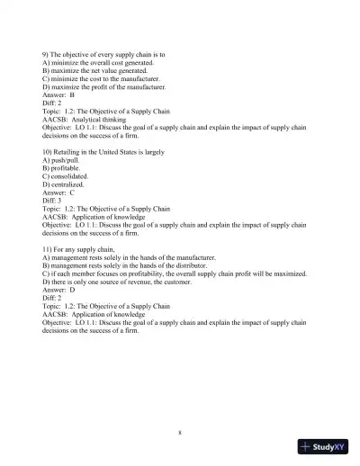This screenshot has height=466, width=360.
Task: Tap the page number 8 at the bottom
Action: click(180, 433)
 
